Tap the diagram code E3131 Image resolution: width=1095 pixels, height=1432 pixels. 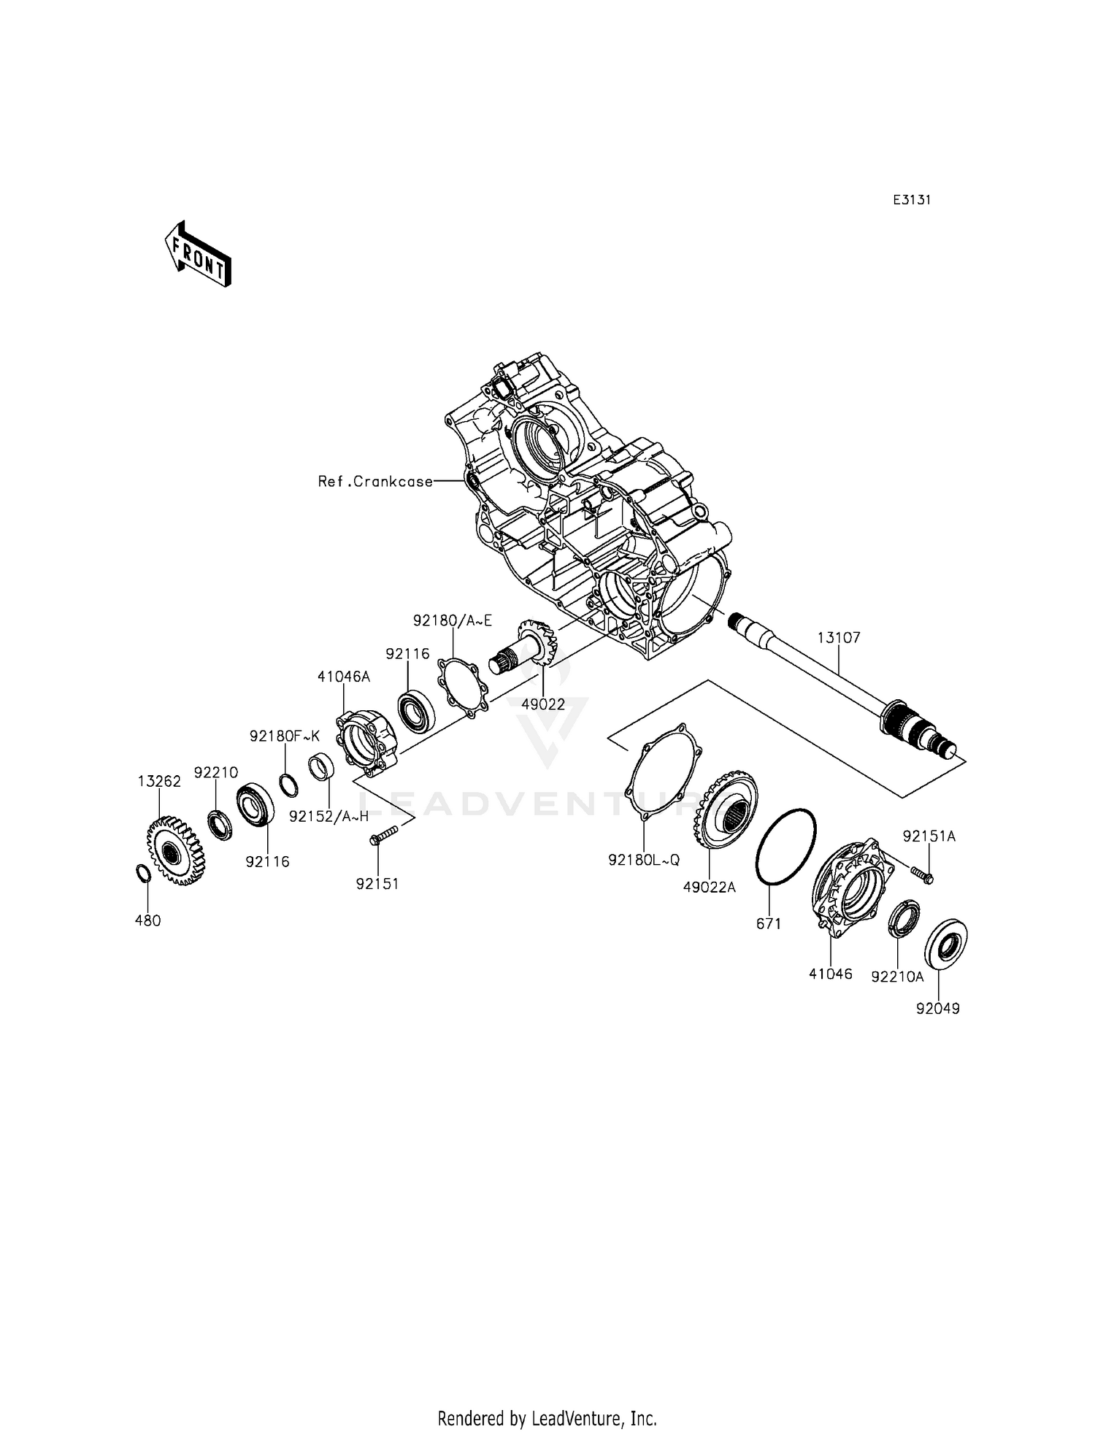pyautogui.click(x=911, y=200)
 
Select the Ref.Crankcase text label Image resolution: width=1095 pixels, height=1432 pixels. pyautogui.click(x=375, y=482)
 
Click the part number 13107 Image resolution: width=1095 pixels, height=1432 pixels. pyautogui.click(x=838, y=638)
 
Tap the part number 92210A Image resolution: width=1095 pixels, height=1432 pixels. pyautogui.click(x=897, y=977)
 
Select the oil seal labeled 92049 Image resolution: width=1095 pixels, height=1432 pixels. pyautogui.click(x=947, y=946)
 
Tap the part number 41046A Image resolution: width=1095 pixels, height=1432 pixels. pyautogui.click(x=343, y=677)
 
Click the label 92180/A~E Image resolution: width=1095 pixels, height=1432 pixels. pyautogui.click(x=453, y=621)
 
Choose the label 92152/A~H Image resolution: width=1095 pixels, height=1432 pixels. pyautogui.click(x=328, y=817)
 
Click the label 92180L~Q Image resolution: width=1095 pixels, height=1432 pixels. pyautogui.click(x=643, y=860)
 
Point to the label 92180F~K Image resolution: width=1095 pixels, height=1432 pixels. pyautogui.click(x=284, y=736)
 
